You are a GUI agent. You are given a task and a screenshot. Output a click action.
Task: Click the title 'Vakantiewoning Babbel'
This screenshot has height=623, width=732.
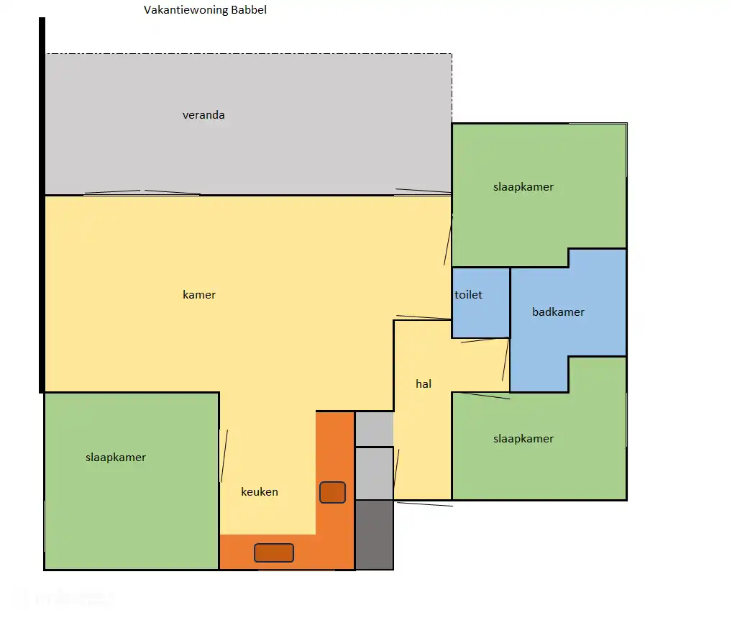click(205, 10)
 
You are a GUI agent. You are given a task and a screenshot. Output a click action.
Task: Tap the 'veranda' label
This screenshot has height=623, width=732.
click(203, 115)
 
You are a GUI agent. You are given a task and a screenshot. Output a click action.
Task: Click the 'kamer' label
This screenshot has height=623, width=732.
click(199, 295)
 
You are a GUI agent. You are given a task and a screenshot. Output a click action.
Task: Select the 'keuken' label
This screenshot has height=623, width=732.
click(260, 492)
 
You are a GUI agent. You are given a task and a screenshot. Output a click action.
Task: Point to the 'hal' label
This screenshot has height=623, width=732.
click(424, 384)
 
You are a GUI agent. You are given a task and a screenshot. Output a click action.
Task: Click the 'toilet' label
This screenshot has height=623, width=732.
click(468, 295)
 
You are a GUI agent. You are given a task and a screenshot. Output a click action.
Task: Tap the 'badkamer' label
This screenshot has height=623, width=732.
click(558, 312)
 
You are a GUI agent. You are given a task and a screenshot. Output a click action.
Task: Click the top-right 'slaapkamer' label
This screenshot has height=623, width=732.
click(523, 187)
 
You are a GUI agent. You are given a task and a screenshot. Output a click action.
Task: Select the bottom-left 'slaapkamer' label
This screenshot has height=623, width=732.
click(116, 458)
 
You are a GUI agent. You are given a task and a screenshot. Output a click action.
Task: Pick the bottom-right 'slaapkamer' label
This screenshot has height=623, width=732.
click(523, 439)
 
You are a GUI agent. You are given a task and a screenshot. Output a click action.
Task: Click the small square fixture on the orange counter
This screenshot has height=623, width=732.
click(332, 492)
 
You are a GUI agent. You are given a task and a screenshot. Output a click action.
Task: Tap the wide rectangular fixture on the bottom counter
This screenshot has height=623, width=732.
click(274, 553)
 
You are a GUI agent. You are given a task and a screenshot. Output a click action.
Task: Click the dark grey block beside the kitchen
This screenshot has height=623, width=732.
click(375, 535)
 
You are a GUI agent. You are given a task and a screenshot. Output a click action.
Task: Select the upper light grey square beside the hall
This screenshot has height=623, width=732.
click(375, 429)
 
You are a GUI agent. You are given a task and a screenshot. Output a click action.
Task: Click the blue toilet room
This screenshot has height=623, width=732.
click(480, 303)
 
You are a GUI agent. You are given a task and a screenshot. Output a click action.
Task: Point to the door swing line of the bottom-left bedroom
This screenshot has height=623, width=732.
click(224, 456)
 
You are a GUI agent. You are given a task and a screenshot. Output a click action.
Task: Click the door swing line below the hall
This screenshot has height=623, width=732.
click(425, 504)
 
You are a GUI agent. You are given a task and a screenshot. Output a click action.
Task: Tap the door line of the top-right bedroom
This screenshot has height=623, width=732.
click(448, 240)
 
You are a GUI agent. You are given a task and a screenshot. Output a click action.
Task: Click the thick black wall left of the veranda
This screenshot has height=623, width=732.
click(42, 205)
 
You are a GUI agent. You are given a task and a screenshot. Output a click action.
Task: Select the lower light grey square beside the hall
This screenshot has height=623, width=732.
click(375, 473)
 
